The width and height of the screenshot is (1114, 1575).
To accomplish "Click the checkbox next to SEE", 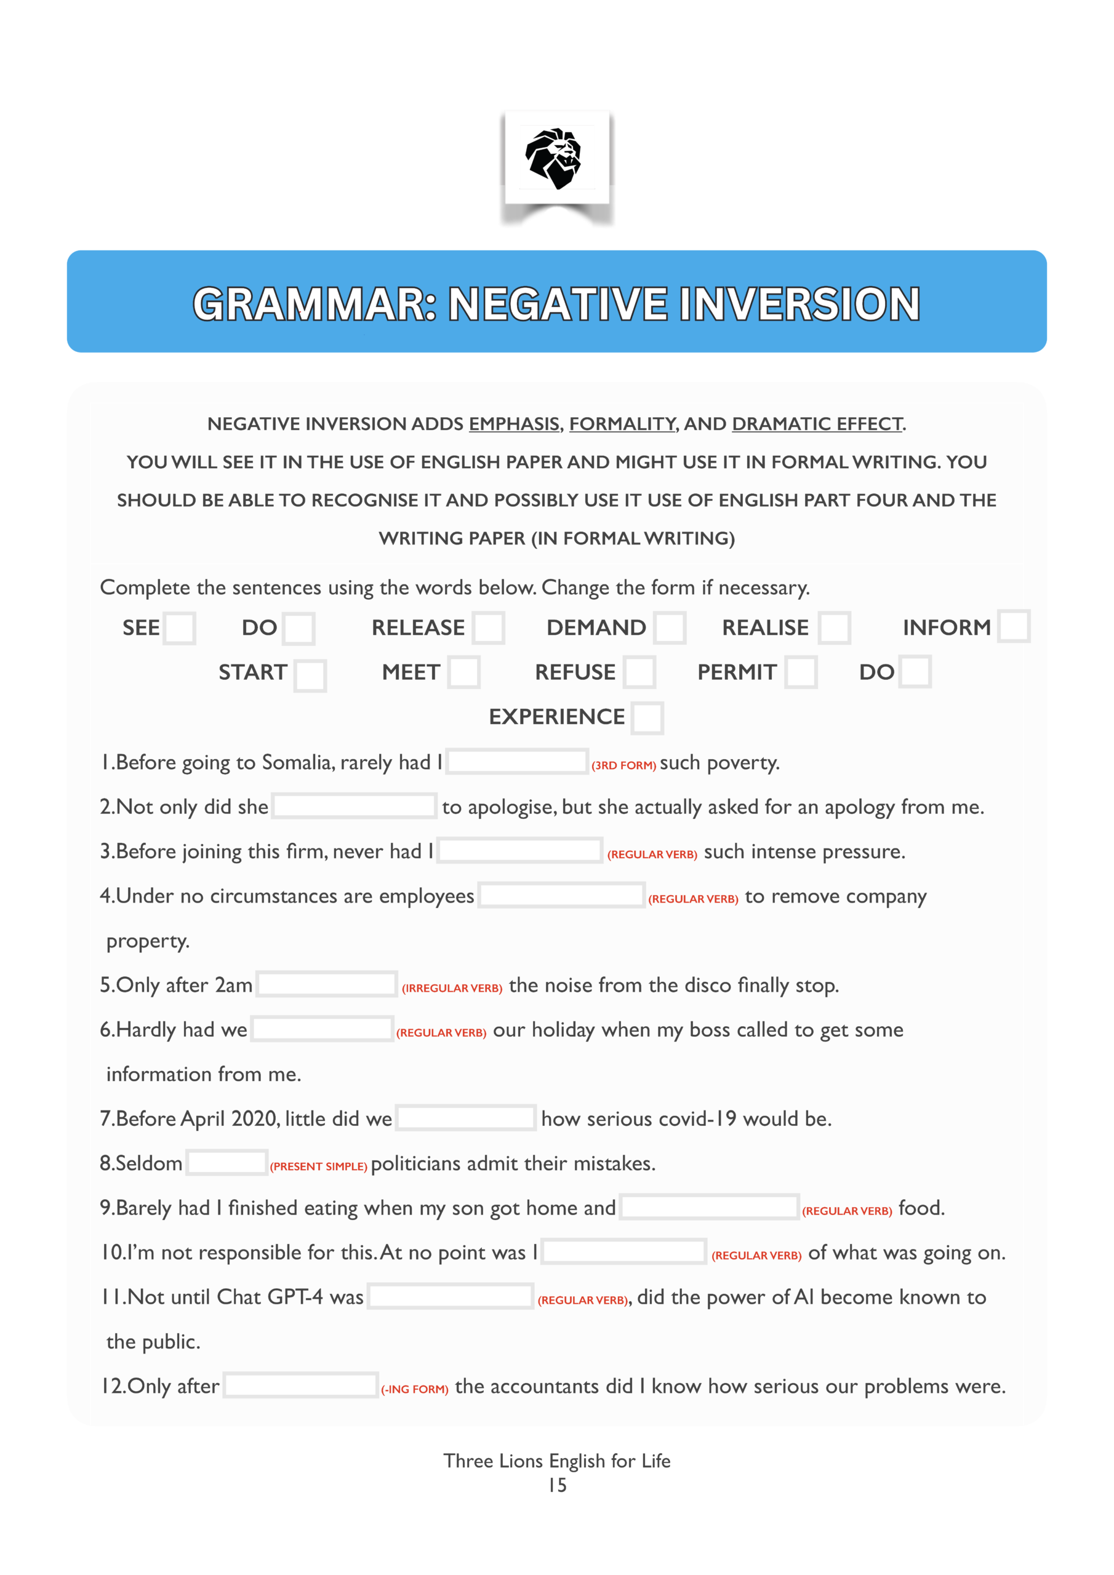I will [179, 628].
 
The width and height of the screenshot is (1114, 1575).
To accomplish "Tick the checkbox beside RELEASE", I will [488, 628].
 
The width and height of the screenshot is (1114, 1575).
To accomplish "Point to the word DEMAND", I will [596, 628].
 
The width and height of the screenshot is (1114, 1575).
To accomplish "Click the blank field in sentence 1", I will [517, 762].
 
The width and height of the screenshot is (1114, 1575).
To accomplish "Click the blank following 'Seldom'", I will [226, 1163].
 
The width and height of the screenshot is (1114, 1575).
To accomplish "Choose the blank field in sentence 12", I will [300, 1386].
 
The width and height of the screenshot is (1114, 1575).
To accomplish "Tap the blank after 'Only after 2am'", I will [326, 984].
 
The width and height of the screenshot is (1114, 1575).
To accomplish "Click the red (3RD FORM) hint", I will [623, 765].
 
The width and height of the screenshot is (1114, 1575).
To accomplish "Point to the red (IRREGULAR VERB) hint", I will [452, 989].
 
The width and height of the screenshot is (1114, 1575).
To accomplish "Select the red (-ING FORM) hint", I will [415, 1390].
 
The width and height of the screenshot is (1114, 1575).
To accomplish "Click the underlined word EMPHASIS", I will [513, 424].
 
